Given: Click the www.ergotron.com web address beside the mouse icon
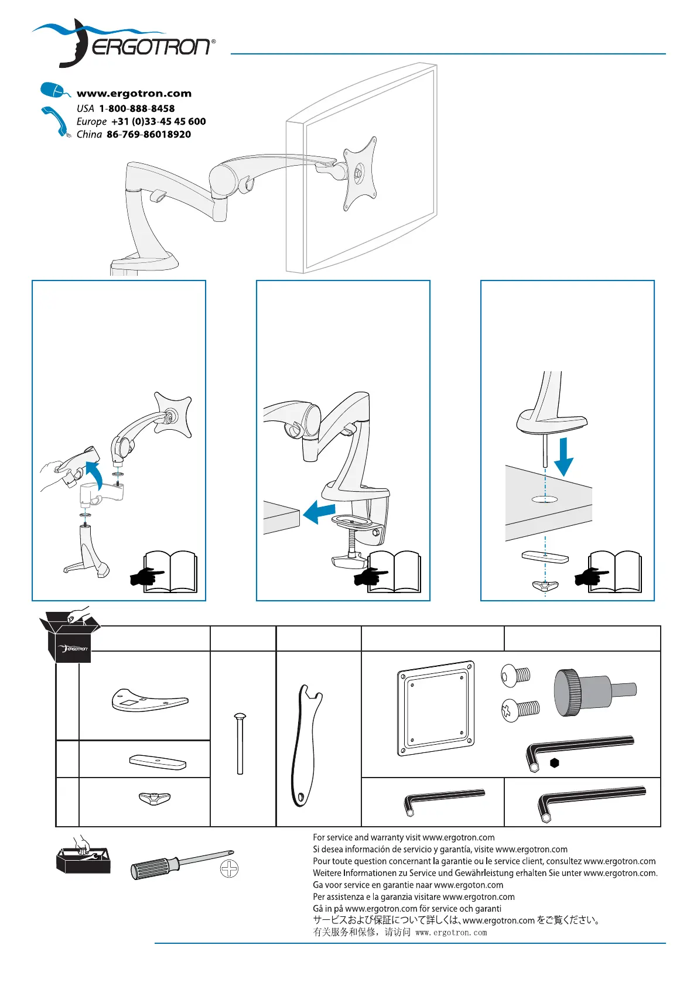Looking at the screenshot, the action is click(134, 93).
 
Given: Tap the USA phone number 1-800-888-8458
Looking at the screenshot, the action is click(136, 108).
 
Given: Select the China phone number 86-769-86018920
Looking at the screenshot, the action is click(148, 134).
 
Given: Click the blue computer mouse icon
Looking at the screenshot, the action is click(53, 91).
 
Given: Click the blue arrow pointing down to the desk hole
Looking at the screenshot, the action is click(563, 457).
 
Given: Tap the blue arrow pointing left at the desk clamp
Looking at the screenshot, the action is click(320, 511).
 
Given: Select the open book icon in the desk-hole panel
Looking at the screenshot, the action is click(614, 572).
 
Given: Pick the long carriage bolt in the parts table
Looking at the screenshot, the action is click(240, 744).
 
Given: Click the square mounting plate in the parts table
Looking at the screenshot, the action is click(436, 708).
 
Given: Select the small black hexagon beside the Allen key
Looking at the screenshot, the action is click(554, 763).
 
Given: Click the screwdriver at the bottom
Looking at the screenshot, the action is click(182, 863).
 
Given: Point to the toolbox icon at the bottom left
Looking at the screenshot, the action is click(83, 857).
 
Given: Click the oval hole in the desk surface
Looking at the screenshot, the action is click(545, 499).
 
